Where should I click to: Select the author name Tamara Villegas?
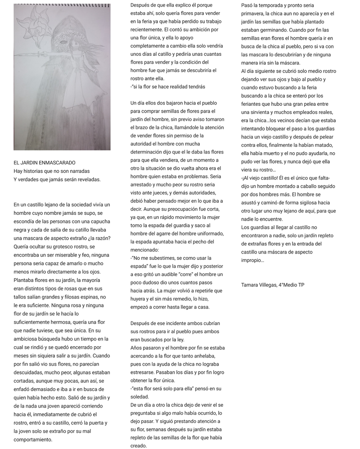tap(259, 285)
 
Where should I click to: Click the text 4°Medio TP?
tap(292, 285)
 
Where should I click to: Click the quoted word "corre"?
tap(180, 274)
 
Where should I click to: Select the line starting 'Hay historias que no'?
tap(51, 171)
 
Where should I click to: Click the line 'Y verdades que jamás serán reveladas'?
tap(57, 179)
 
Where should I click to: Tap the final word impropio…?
tap(252, 260)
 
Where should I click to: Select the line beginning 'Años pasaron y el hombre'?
tap(177, 348)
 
